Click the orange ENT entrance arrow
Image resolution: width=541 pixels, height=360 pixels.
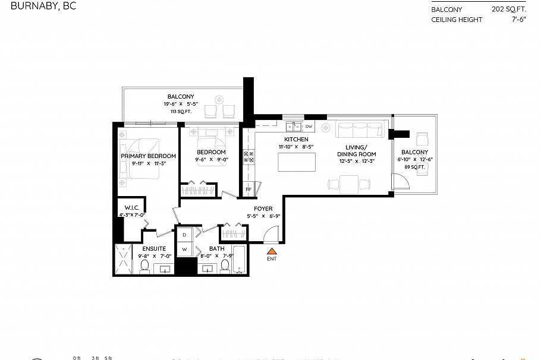[272, 252]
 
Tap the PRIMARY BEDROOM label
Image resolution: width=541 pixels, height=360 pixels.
[148, 156]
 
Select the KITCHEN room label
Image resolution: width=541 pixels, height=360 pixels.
[295, 139]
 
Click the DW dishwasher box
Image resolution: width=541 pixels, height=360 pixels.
[309, 127]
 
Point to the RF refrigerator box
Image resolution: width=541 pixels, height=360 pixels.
[249, 190]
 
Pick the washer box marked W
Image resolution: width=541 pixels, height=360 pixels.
[184, 250]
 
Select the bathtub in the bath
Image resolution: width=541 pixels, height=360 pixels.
[238, 260]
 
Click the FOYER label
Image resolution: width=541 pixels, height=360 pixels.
[263, 209]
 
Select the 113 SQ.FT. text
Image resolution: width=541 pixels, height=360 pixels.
[180, 111]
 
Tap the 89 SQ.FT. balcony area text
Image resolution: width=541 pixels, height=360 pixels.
[414, 168]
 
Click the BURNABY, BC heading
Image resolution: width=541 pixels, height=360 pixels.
[38, 7]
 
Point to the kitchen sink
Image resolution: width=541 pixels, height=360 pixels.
[292, 127]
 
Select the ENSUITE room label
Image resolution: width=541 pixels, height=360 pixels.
[154, 248]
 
